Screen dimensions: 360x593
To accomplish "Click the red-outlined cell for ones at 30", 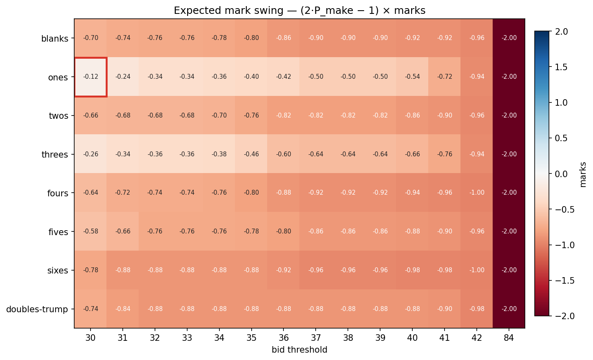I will [x=91, y=77].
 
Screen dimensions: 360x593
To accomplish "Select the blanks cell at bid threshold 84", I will [x=509, y=38].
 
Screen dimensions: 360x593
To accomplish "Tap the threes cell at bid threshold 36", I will [x=284, y=154].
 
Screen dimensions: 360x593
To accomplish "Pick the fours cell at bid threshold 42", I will [x=477, y=193].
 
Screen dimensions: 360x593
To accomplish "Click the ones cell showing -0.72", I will [x=445, y=77].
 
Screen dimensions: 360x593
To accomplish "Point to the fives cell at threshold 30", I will [x=91, y=231].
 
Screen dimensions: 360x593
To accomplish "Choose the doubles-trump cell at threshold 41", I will [x=445, y=309].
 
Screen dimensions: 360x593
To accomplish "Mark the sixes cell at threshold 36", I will [x=284, y=270].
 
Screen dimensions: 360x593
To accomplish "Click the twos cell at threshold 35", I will [x=252, y=116].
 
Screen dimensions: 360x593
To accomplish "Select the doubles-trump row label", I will [x=37, y=309].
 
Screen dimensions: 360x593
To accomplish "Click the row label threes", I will [x=55, y=155].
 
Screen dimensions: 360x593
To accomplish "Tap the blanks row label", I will [x=55, y=39].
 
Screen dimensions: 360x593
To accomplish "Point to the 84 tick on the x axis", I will [x=509, y=338].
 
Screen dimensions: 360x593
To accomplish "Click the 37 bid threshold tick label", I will [x=316, y=338].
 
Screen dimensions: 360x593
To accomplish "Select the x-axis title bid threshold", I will [x=299, y=350].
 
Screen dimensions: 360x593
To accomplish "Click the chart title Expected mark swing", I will [x=299, y=11].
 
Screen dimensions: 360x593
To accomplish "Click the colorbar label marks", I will [x=583, y=174].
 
